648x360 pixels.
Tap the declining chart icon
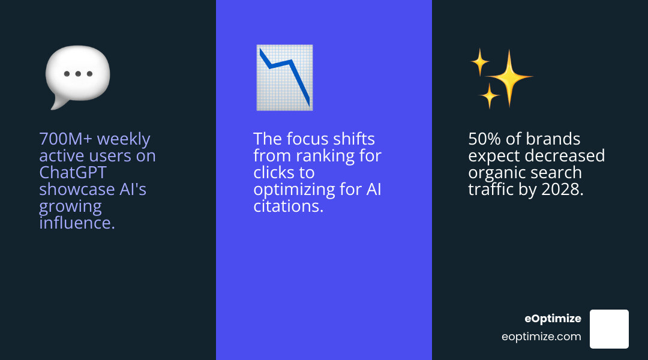284,77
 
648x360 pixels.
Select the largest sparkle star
509,77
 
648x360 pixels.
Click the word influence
77,223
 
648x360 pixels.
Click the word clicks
275,173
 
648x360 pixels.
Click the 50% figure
485,139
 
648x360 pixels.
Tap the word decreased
567,156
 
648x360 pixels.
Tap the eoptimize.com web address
541,337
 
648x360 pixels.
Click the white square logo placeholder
609,329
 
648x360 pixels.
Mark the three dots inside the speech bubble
78,74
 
